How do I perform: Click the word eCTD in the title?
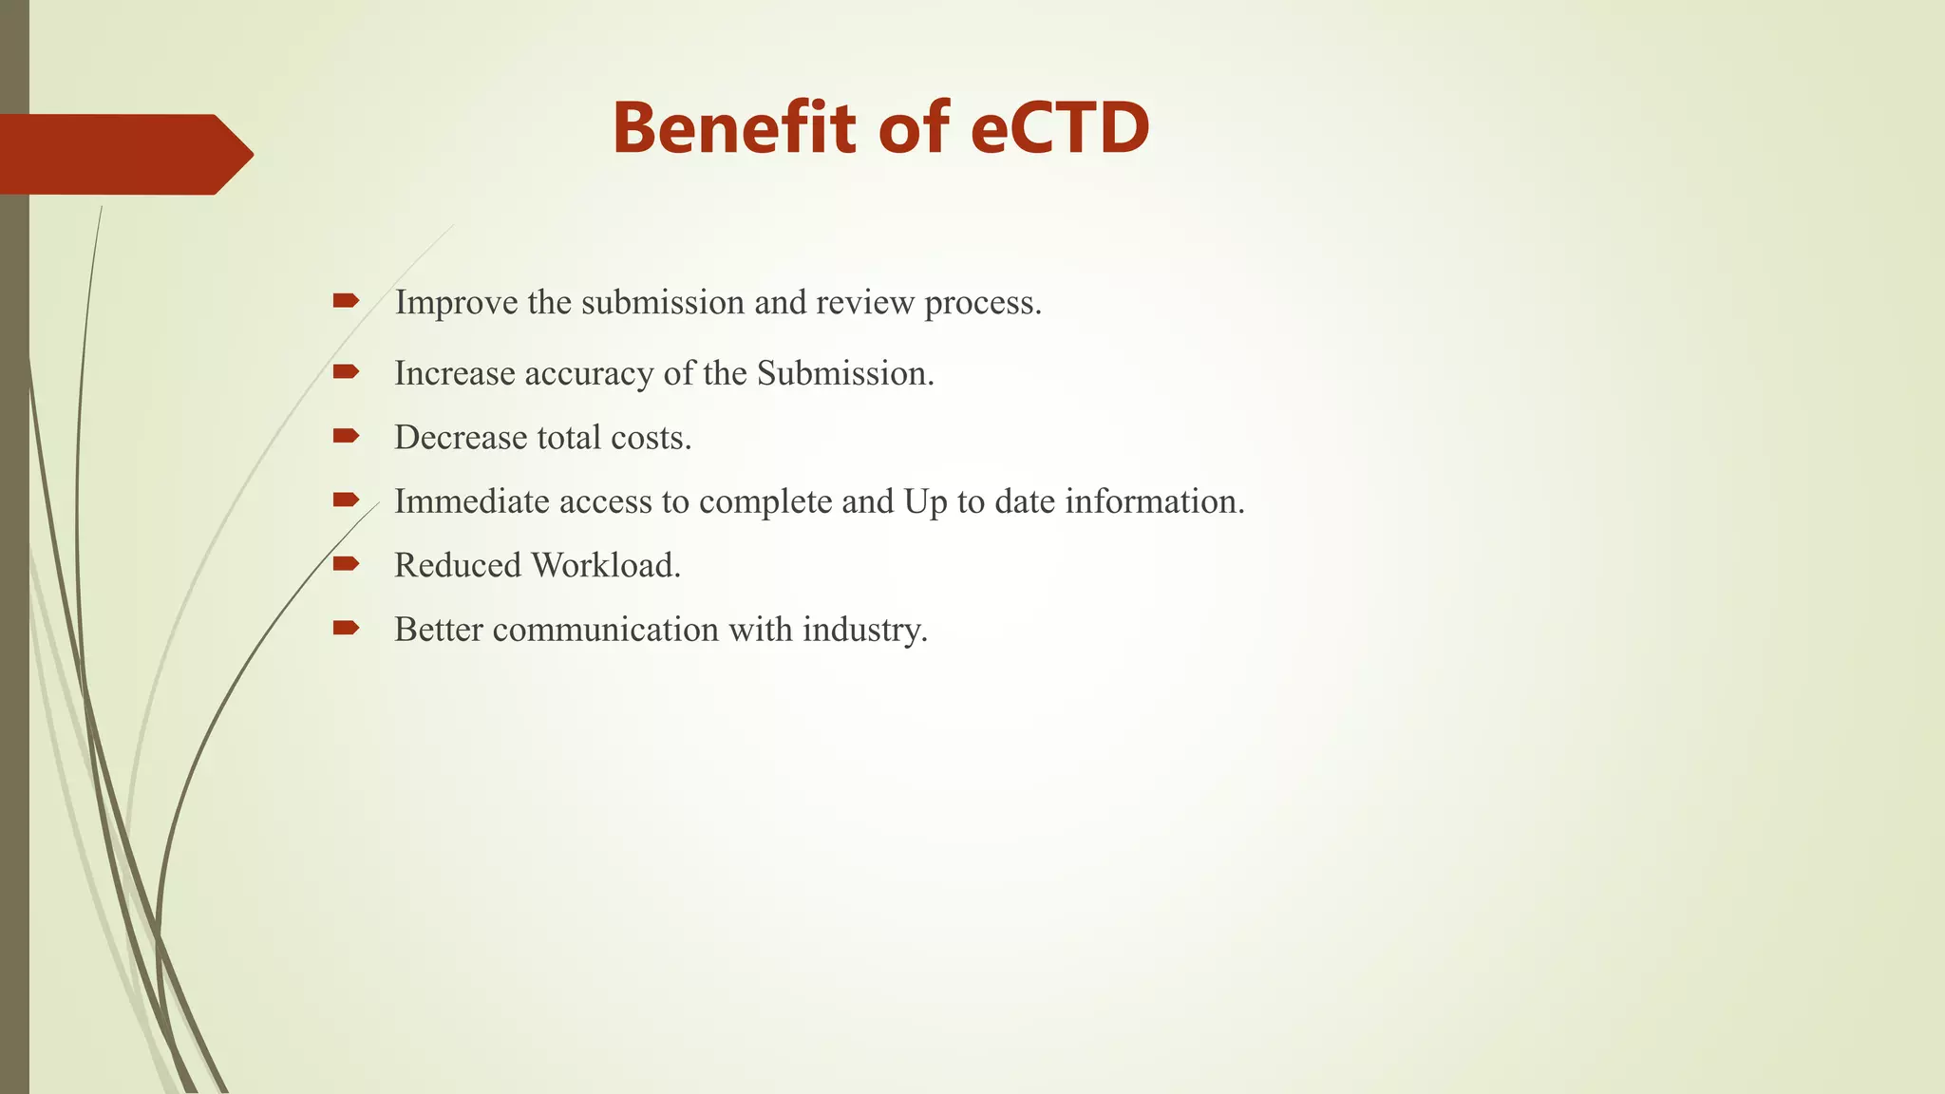point(1060,129)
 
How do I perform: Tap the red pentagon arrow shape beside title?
point(123,154)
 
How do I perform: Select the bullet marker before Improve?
point(346,301)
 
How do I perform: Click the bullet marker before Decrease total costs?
point(346,436)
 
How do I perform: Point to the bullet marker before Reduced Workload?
point(346,564)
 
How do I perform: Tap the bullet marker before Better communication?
point(346,628)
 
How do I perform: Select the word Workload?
point(605,566)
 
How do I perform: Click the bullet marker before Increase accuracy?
point(346,372)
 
